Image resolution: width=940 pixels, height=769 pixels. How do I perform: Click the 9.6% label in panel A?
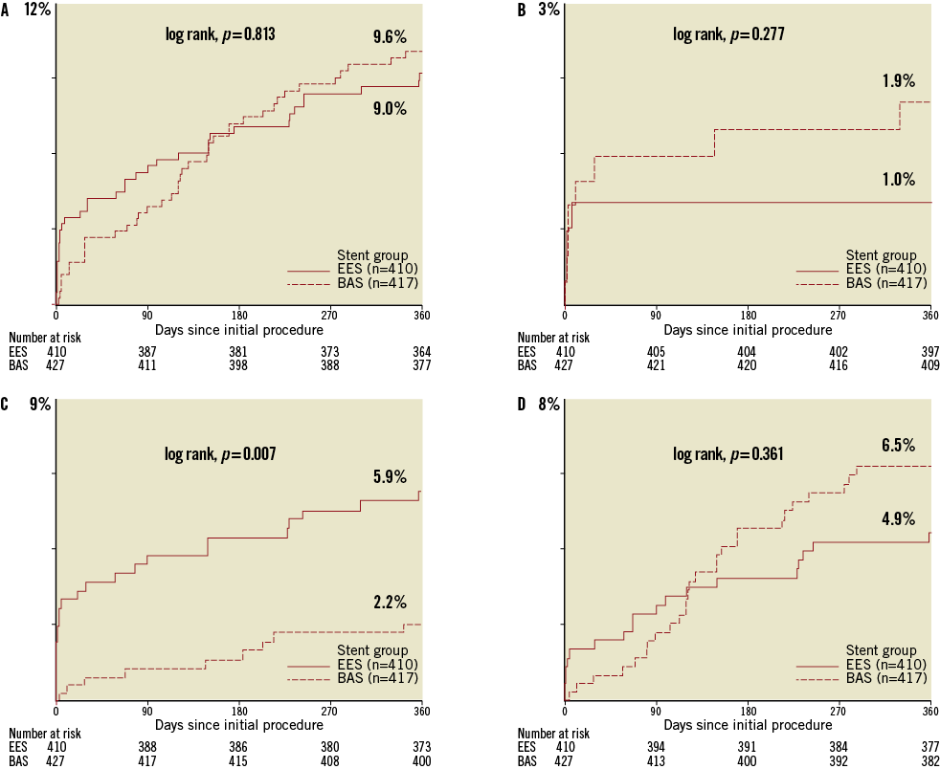pos(390,38)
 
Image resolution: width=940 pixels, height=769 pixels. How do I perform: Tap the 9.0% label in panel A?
pos(390,109)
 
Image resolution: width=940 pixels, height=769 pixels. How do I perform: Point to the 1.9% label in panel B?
pos(899,81)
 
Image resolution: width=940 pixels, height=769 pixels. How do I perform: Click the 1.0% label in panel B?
pos(899,180)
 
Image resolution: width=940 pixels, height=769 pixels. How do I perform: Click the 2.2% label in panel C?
pos(390,603)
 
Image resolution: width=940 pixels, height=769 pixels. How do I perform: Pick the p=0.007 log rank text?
pos(220,454)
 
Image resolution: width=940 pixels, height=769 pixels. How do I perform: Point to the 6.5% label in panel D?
pos(899,446)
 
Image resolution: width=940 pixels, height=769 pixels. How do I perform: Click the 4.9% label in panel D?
pos(899,519)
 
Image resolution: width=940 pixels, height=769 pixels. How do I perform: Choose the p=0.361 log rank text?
pos(728,454)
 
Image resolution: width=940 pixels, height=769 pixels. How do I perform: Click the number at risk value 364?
pos(421,352)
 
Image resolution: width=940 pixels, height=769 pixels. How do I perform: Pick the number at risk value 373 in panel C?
pos(421,747)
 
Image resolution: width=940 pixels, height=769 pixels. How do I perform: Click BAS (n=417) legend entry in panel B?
pos(886,283)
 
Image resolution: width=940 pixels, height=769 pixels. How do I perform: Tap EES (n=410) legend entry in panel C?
pos(377,665)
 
